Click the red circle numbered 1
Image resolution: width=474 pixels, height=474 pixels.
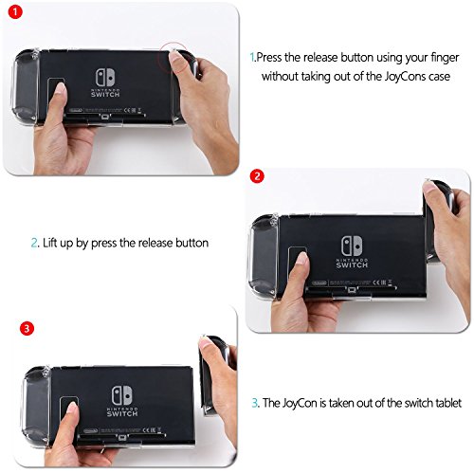point(15,12)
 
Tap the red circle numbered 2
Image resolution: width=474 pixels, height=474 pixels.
point(257,176)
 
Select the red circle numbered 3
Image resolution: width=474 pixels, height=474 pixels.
point(27,328)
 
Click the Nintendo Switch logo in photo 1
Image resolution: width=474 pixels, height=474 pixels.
point(105,82)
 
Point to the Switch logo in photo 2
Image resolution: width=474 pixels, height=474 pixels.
point(352,252)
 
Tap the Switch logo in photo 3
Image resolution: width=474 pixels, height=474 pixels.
point(122,401)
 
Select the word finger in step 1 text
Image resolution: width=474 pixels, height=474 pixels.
point(445,58)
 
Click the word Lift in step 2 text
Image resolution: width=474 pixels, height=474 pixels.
point(49,243)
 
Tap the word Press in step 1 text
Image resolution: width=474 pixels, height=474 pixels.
point(269,58)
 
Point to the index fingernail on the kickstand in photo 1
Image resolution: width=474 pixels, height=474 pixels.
point(60,87)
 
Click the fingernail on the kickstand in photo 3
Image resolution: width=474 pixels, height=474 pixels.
point(72,408)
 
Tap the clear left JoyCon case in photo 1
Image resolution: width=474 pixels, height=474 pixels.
point(26,86)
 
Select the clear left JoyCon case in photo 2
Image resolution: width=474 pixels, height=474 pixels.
point(264,255)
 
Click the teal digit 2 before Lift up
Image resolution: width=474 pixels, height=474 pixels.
point(34,243)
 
